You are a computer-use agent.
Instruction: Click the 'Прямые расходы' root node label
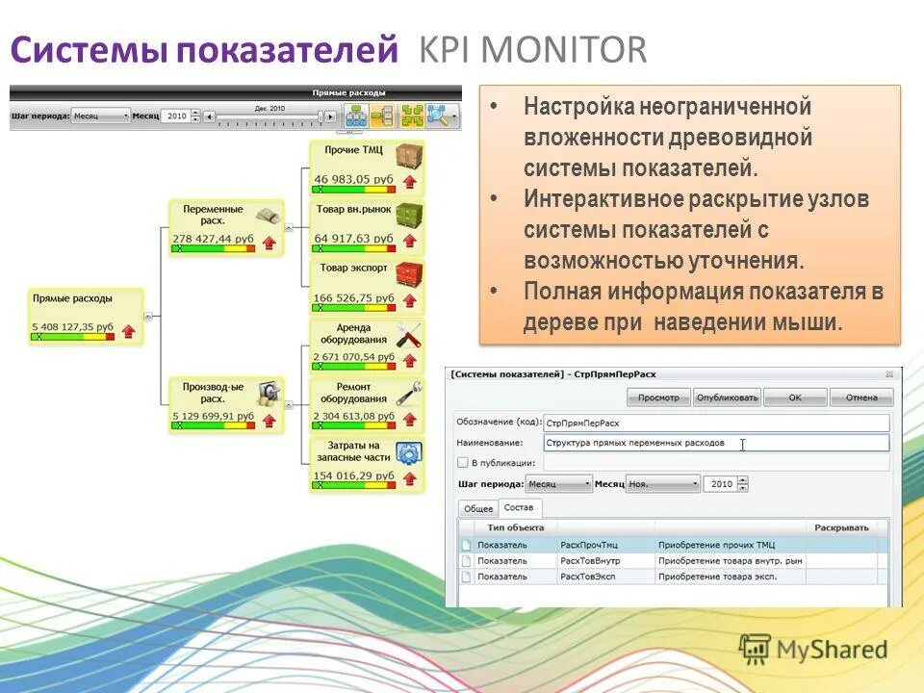71,298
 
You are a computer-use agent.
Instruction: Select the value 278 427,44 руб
213,238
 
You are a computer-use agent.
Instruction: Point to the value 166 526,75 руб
353,298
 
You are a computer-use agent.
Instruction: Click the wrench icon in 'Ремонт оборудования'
409,392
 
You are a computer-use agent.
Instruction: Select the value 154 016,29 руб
353,475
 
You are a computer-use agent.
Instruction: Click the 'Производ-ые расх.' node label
213,392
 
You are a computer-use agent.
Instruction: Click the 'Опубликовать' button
728,397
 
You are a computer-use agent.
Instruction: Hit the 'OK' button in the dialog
794,397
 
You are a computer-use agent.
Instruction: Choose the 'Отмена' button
861,397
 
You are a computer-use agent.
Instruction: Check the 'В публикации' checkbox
463,463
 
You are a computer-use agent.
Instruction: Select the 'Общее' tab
478,508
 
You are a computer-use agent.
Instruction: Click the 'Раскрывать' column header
841,527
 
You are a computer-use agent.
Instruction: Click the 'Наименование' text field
715,443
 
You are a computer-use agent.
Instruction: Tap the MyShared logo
813,650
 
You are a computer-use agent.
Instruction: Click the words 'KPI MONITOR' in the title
533,50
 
